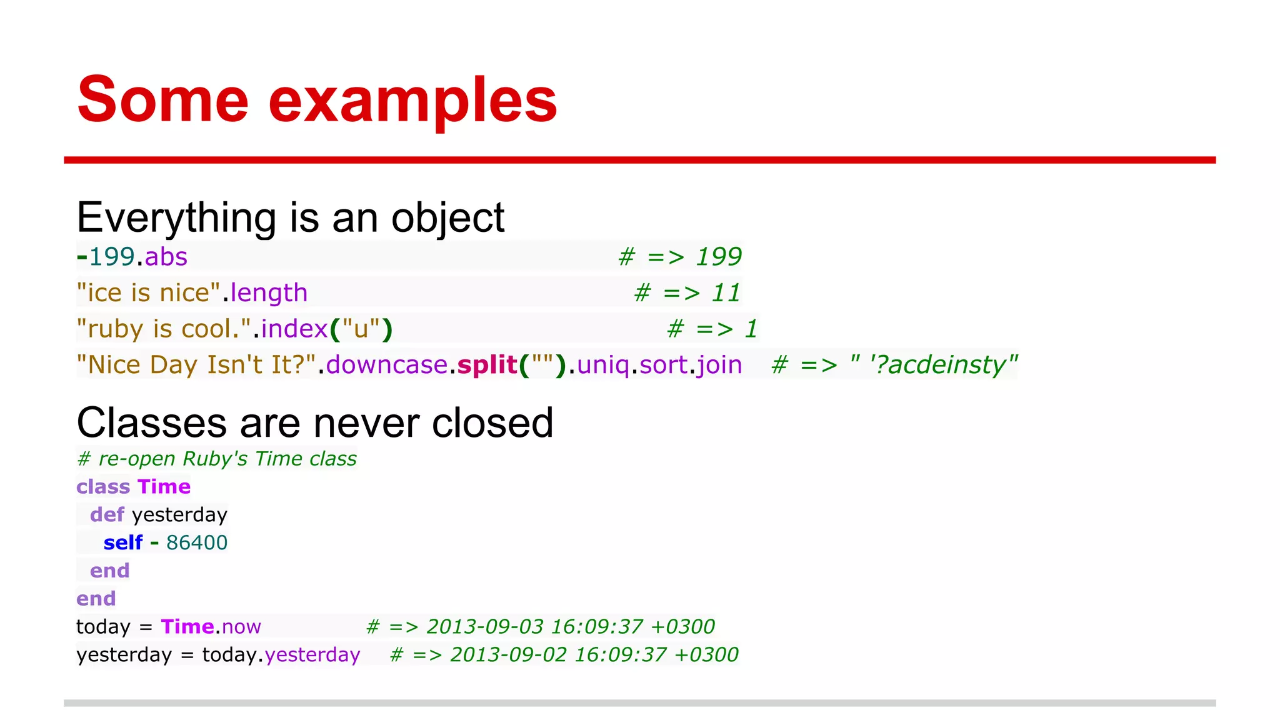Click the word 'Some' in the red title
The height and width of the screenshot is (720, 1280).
(162, 100)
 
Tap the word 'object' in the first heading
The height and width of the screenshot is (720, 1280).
(447, 219)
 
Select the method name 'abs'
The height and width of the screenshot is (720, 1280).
(166, 257)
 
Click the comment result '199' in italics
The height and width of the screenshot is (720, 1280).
(719, 257)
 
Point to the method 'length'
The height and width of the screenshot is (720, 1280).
(269, 293)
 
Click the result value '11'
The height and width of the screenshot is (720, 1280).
(726, 293)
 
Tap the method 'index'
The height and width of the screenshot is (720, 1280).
(294, 329)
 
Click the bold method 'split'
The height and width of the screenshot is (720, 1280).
(487, 365)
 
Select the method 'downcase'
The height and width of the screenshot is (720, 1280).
(387, 365)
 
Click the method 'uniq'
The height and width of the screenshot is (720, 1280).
(603, 365)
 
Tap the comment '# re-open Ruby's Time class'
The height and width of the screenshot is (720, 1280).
(216, 459)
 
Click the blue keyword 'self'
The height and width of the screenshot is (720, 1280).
(123, 542)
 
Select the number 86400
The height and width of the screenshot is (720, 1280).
(197, 542)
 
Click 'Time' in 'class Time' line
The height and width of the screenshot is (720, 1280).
(164, 487)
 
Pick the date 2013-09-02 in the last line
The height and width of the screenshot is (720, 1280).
(508, 654)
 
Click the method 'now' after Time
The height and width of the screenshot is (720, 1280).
(241, 627)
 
